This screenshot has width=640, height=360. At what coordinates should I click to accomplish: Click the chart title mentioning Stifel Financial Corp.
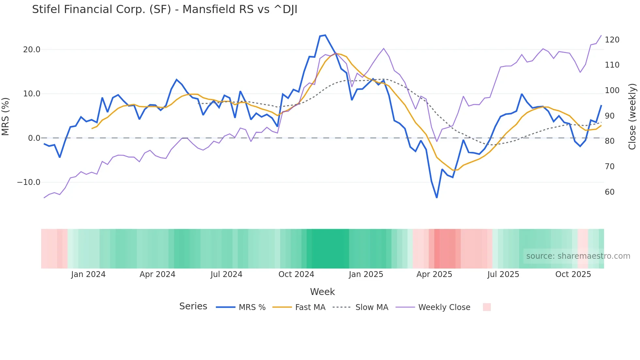[x=165, y=9]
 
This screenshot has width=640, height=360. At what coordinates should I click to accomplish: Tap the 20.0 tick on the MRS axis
[x=32, y=50]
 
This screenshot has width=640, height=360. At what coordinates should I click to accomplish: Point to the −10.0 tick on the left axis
[x=29, y=182]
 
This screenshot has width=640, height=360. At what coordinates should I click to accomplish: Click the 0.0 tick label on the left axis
[x=34, y=138]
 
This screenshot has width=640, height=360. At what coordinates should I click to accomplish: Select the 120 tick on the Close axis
[x=612, y=40]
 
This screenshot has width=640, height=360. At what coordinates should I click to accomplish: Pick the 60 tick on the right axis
[x=610, y=192]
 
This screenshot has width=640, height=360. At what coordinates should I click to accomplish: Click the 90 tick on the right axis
[x=610, y=116]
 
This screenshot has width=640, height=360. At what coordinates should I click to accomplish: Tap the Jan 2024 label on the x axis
[x=88, y=274]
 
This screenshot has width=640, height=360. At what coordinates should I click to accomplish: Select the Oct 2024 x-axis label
[x=296, y=274]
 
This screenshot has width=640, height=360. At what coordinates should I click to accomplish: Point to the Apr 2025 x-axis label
[x=434, y=274]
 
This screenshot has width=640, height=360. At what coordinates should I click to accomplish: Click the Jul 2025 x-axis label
[x=503, y=274]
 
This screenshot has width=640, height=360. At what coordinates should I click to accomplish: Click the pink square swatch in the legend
[x=487, y=307]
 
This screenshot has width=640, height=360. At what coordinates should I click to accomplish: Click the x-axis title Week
[x=322, y=292]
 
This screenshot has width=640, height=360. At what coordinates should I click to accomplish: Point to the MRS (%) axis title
[x=6, y=117]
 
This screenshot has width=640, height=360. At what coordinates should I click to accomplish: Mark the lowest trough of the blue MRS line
[x=437, y=198]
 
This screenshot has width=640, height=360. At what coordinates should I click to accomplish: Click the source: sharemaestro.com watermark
[x=578, y=256]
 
